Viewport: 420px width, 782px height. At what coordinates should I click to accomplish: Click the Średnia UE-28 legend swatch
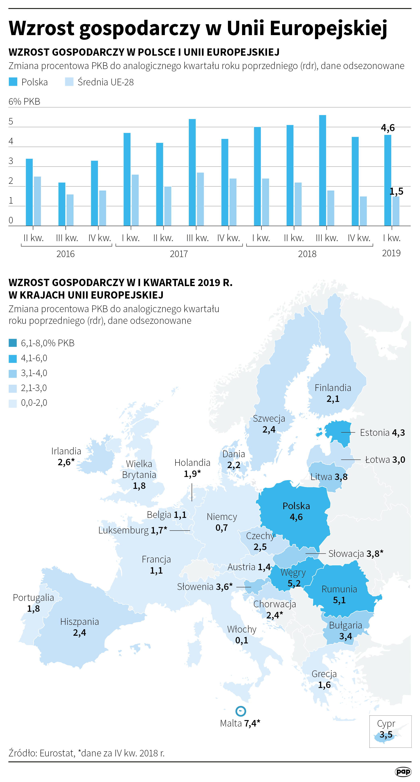click(x=69, y=82)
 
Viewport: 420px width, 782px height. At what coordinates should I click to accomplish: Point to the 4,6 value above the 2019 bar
click(x=388, y=128)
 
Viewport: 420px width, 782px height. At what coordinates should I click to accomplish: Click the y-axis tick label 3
click(x=11, y=161)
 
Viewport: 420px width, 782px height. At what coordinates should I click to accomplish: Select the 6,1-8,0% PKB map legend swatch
click(x=13, y=343)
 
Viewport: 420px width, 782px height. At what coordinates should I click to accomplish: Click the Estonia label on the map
click(x=374, y=433)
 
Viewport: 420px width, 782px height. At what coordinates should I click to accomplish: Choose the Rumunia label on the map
click(x=339, y=589)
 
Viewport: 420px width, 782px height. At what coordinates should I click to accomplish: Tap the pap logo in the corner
click(x=403, y=771)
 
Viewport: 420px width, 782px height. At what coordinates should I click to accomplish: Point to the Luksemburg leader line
click(x=180, y=531)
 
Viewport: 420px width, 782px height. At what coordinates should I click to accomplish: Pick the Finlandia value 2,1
click(x=333, y=399)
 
